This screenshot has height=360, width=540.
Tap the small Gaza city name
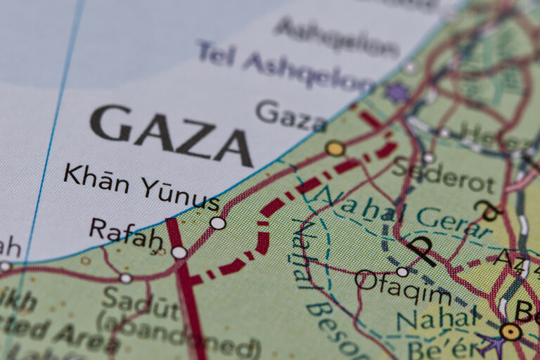[x=290, y=115]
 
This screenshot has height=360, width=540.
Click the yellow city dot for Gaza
[x=335, y=148]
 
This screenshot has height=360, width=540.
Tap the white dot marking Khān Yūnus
[x=218, y=223]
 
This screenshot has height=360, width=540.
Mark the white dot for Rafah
[x=179, y=252]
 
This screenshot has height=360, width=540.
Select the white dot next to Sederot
[x=428, y=158]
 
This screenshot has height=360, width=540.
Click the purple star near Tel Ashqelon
[x=398, y=92]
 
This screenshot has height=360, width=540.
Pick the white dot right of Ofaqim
[x=401, y=271]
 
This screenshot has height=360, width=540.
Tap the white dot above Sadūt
[x=125, y=278]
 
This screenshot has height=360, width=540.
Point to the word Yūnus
[x=179, y=194]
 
